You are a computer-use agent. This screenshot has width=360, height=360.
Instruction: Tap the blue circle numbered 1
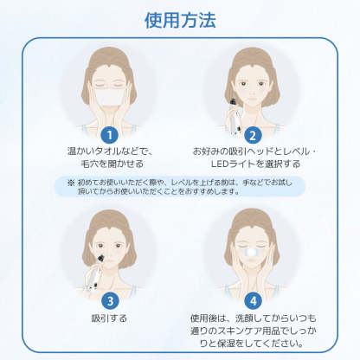tap(109, 134)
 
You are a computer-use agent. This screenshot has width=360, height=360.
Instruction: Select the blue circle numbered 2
tap(253, 134)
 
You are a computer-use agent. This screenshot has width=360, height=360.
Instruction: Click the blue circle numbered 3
tap(109, 301)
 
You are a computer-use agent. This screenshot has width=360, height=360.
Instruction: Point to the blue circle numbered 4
tap(253, 301)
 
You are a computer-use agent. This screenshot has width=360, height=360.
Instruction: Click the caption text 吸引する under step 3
tap(109, 318)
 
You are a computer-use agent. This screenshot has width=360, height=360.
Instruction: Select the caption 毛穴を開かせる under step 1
tap(109, 163)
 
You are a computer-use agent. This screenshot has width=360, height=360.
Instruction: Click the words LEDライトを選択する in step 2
tap(253, 164)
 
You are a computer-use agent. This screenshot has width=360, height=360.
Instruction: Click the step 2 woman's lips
tap(252, 109)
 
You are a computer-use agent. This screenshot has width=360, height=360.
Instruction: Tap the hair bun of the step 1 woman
tap(109, 52)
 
